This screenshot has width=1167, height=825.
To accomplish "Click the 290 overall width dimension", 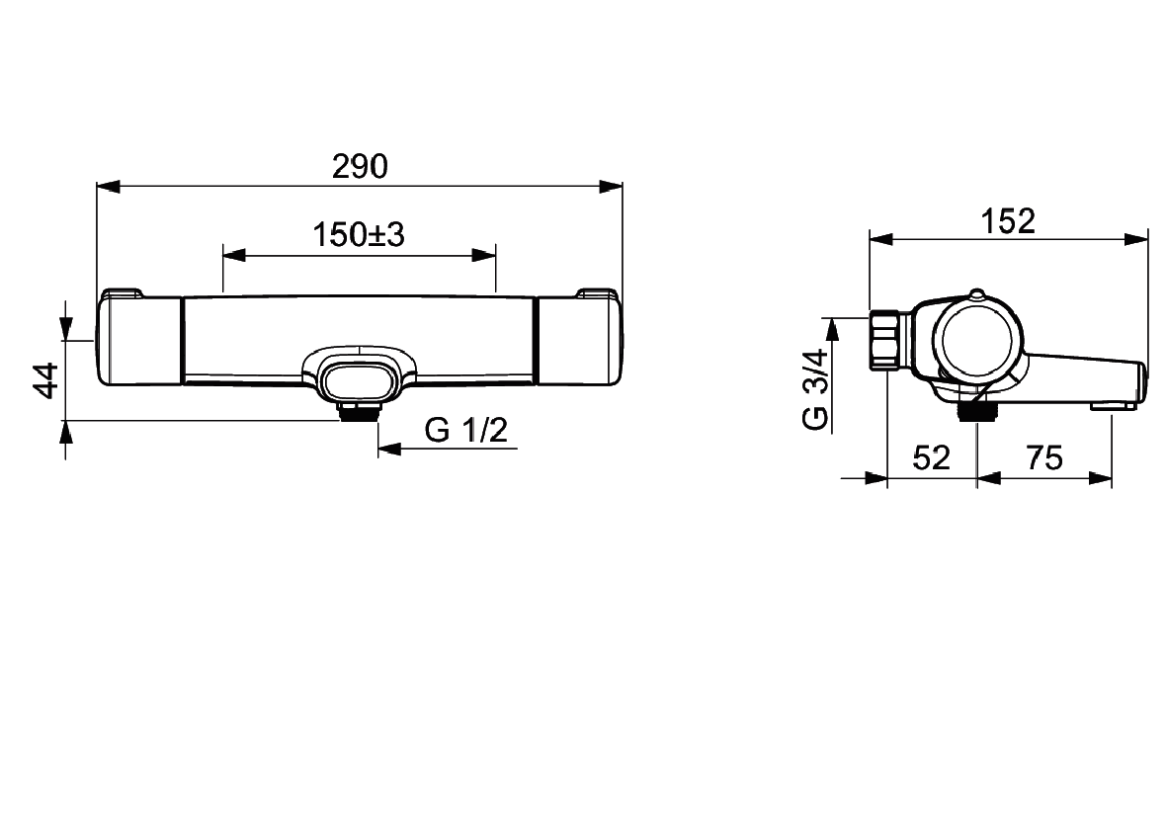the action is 361,167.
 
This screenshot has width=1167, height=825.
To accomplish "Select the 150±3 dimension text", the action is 359,235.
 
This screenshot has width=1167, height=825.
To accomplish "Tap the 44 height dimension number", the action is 46,380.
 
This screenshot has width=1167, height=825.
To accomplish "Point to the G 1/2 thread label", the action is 465,430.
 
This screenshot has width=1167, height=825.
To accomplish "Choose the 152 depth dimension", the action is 1008,221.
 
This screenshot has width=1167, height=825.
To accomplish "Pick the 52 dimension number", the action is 931,457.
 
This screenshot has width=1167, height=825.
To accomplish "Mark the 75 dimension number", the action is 1044,457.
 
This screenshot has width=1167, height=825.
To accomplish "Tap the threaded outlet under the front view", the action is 359,410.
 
